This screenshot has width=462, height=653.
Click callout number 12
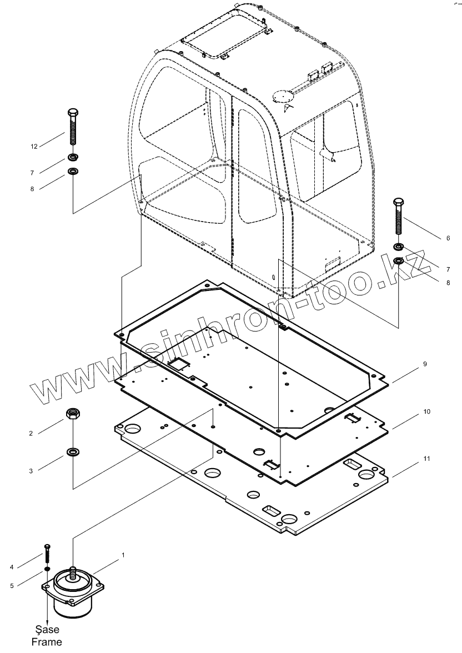click(34, 147)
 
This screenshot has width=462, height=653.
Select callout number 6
click(448, 238)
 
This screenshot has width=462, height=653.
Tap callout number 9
click(425, 364)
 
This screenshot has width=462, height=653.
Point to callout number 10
click(426, 412)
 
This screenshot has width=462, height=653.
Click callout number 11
click(426, 459)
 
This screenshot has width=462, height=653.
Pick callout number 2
click(31, 433)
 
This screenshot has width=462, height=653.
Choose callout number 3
click(31, 471)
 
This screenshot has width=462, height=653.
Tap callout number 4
click(27, 567)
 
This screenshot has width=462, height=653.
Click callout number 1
click(123, 555)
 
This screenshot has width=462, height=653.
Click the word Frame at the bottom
click(47, 642)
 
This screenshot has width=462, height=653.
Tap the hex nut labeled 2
click(72, 413)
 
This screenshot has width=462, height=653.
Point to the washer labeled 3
click(72, 451)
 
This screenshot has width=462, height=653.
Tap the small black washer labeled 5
click(47, 569)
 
